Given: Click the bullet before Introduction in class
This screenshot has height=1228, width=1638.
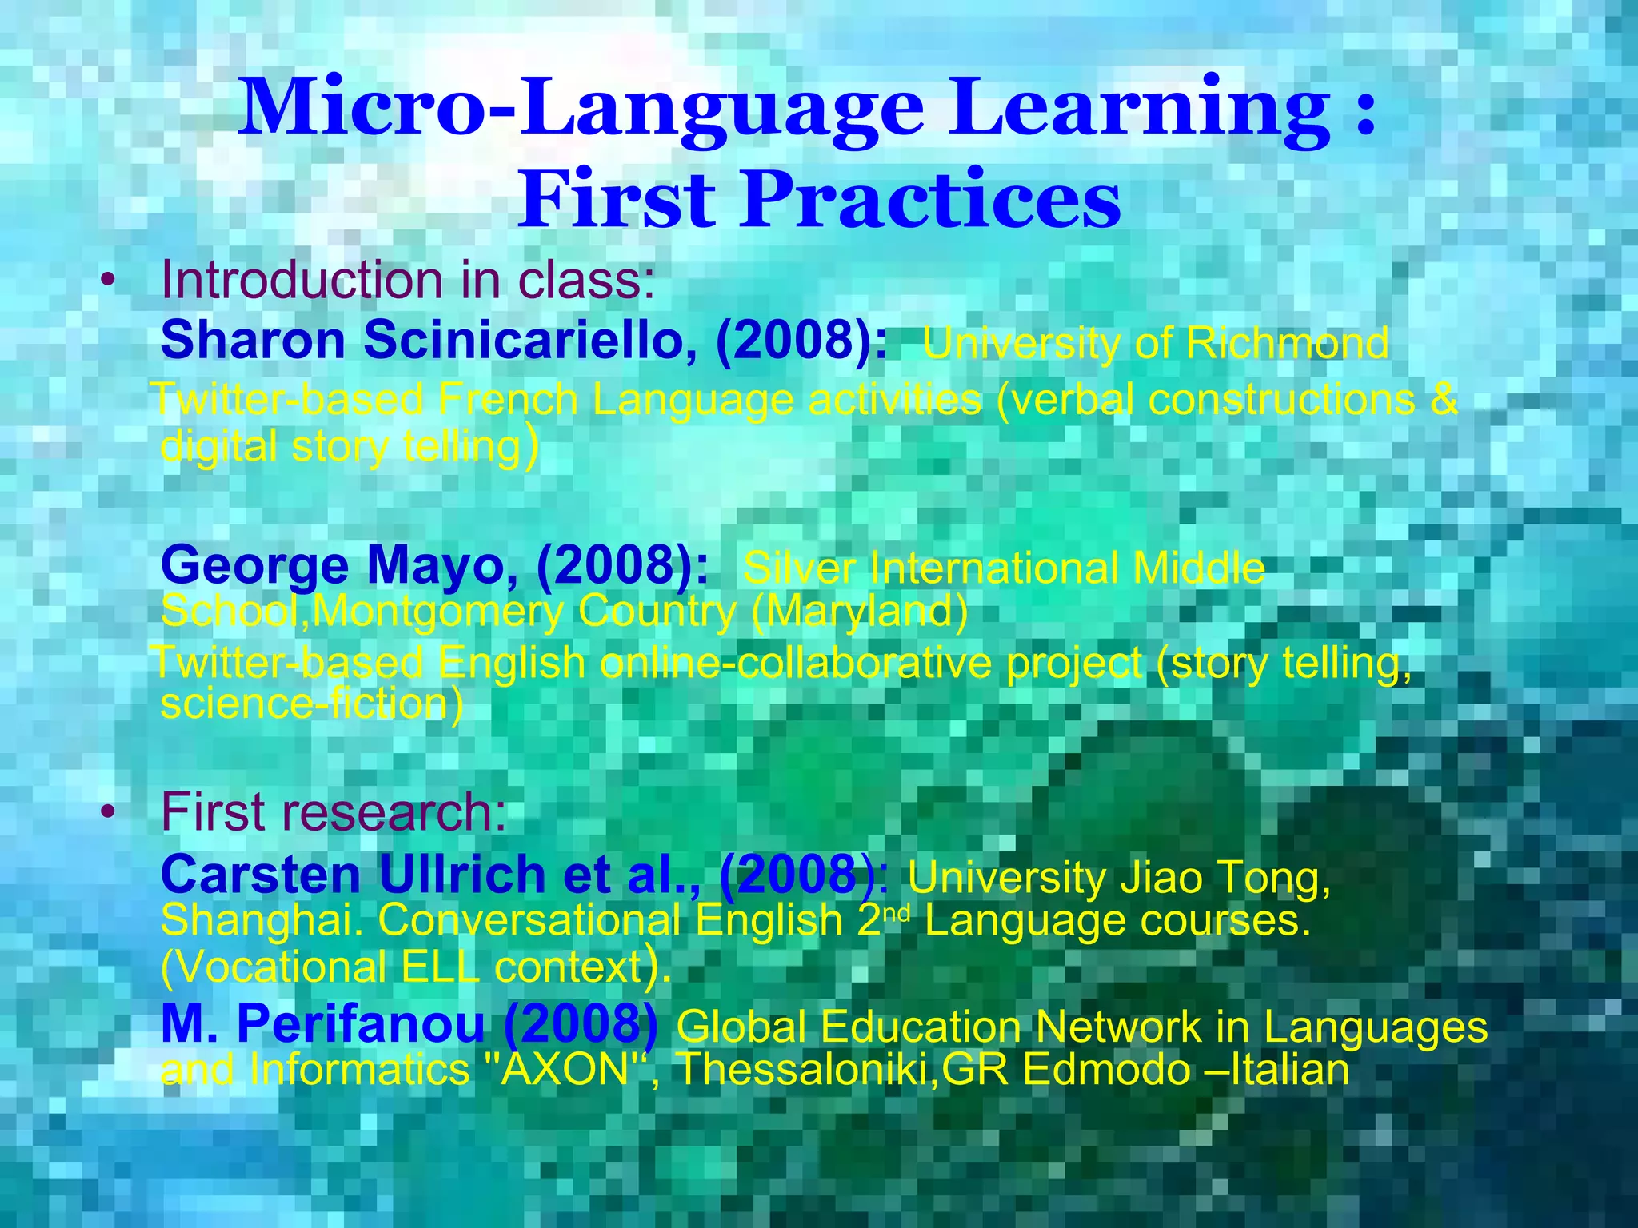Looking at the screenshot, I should tap(109, 281).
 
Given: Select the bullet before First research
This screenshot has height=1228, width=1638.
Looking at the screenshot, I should tap(109, 813).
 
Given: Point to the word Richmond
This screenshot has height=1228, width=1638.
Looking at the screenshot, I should tap(1287, 344).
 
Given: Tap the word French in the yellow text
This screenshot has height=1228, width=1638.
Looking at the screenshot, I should tap(509, 399).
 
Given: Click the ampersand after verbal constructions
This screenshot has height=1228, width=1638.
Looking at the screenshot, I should tap(1444, 399).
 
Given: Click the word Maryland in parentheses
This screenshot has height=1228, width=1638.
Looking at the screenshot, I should tap(859, 612).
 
